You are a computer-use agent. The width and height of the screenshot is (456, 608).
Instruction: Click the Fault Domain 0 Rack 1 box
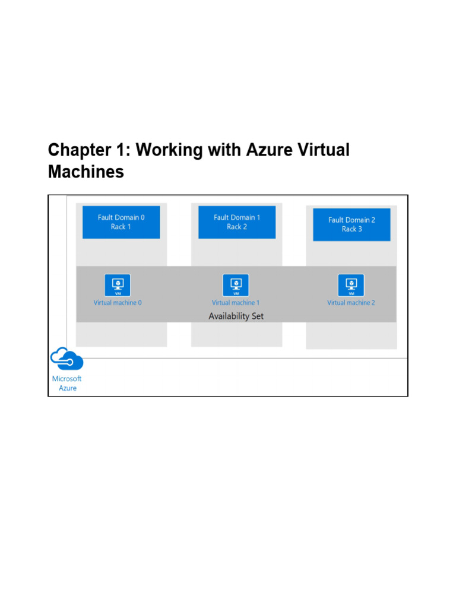pos(121,222)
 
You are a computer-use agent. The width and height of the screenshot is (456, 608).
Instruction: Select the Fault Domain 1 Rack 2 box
pos(237,222)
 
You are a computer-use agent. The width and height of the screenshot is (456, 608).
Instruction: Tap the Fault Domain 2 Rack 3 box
pos(351,224)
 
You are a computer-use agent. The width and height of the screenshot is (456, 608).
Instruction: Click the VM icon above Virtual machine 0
pos(118,285)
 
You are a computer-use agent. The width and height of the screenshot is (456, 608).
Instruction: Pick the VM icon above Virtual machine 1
pos(236,285)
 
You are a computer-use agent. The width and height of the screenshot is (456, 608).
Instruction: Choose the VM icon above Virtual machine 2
pos(351,285)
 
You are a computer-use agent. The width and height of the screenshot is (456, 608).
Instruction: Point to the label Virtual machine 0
pos(118,303)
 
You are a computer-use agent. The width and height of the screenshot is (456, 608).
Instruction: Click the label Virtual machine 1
pos(236,303)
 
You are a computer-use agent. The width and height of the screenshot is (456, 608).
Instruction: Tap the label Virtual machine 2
pos(351,303)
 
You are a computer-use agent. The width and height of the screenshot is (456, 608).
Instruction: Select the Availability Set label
pos(236,316)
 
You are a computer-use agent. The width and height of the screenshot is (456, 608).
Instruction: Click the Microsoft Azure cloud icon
pos(66,359)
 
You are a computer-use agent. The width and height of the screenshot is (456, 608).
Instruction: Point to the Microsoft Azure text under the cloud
pos(67,384)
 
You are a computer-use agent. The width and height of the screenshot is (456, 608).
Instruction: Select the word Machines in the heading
pos(86,173)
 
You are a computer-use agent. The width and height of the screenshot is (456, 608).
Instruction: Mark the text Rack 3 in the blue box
pos(351,229)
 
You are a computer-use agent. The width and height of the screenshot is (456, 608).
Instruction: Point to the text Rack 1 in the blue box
pos(121,227)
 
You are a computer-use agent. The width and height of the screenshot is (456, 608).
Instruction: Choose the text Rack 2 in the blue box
pos(237,227)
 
